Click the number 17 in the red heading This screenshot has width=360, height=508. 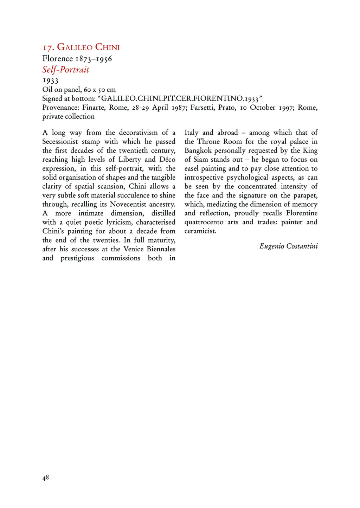coord(48,47)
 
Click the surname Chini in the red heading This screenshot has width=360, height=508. coord(108,47)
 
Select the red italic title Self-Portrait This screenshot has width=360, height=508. coord(66,70)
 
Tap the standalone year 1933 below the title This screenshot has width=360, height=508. coord(50,81)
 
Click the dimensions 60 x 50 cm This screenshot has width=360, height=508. coord(100,90)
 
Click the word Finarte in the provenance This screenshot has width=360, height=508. coord(94,108)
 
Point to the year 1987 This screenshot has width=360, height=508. coord(178,108)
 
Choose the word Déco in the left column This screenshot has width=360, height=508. coord(167,160)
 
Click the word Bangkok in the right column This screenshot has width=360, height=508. coord(198,150)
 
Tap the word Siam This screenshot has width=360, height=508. coord(201,160)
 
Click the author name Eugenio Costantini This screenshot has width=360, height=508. coord(288,246)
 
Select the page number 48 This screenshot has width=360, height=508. coord(45,477)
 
